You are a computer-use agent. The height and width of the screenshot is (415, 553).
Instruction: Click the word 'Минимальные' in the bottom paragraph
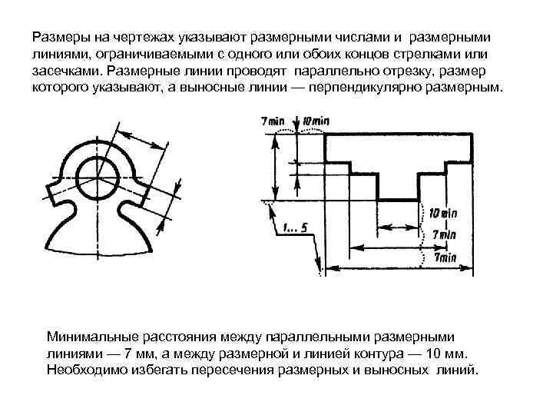tap(90, 336)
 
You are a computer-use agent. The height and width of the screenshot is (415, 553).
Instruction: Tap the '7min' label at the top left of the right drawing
tap(273, 122)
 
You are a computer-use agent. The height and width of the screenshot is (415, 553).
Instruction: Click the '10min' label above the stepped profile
tap(316, 122)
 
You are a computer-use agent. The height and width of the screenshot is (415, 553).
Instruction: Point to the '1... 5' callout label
tap(294, 227)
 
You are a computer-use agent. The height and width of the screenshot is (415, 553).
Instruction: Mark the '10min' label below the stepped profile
tap(442, 213)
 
